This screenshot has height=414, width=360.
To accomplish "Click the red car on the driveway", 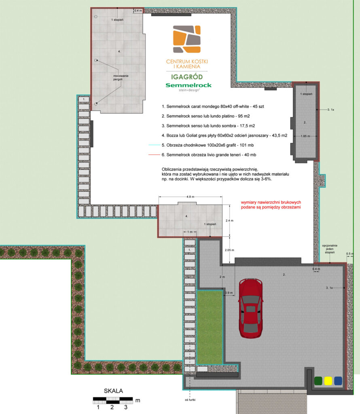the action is (250, 308).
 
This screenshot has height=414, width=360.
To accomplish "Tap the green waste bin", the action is (318, 381).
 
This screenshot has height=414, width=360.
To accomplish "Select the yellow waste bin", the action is (328, 381).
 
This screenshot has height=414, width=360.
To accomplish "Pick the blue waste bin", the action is (338, 381).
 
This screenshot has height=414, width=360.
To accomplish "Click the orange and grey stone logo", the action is (187, 39).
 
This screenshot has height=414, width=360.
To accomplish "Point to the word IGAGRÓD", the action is (187, 77).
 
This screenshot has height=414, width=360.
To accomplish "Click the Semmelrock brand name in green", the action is (188, 85).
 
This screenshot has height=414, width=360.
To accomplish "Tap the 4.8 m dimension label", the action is (190, 197).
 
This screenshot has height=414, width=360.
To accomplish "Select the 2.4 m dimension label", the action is (229, 220).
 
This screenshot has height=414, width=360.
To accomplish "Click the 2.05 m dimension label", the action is (229, 250).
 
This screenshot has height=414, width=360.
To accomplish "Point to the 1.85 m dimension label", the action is (305, 136).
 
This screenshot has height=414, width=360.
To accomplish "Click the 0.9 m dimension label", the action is (229, 293).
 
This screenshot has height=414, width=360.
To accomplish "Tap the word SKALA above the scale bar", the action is (113, 391).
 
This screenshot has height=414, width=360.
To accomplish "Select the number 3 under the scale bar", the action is (126, 407).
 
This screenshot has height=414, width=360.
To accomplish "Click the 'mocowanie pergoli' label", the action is (121, 78).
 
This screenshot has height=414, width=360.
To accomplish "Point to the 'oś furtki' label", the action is (190, 400).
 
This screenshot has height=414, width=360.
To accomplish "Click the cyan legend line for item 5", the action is (154, 145).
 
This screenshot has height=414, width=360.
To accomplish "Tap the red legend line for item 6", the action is (154, 155).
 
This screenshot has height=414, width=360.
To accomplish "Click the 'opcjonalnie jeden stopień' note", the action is (330, 249).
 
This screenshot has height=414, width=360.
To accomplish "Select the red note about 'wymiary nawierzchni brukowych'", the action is (271, 205).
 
